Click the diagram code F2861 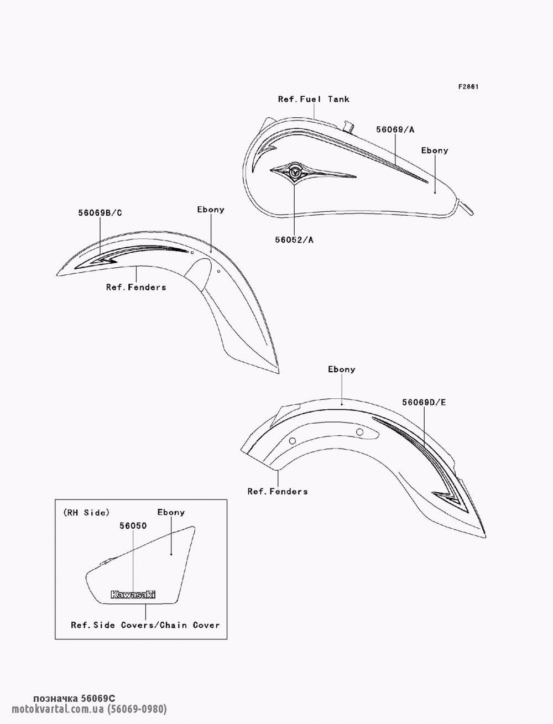(x=468, y=87)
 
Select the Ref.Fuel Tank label (x=314, y=100)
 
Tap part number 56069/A (x=395, y=129)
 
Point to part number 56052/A (x=294, y=240)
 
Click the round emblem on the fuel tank (x=294, y=172)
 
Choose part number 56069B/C (x=100, y=213)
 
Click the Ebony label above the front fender (x=211, y=210)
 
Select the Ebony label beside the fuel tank (x=435, y=150)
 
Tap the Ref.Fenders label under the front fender (x=136, y=287)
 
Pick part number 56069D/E (x=424, y=402)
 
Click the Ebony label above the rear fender (x=341, y=369)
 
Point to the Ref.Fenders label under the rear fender (x=277, y=492)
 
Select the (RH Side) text (x=86, y=512)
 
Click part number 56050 (x=133, y=525)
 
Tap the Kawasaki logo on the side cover (x=133, y=595)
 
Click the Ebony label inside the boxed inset (x=171, y=512)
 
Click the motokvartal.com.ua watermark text (x=89, y=709)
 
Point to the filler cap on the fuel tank (x=348, y=126)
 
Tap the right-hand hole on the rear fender (x=360, y=432)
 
